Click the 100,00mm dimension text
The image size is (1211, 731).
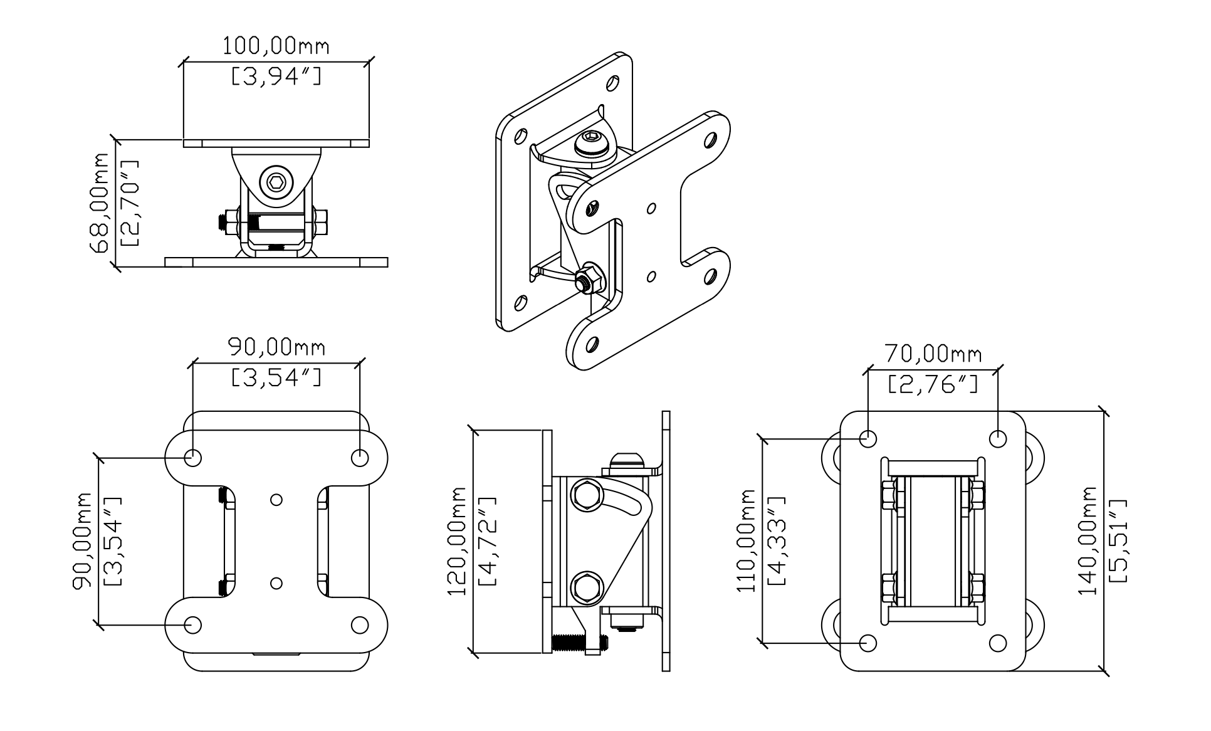[x=276, y=46]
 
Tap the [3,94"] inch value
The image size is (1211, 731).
[x=276, y=76]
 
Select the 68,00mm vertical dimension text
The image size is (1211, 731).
[x=100, y=202]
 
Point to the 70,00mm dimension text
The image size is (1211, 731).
[x=933, y=354]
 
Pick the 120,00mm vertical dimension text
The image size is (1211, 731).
[x=458, y=541]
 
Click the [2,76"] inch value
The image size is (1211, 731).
[x=933, y=384]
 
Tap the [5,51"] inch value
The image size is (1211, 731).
[x=1118, y=540]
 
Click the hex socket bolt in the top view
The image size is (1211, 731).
[x=276, y=183]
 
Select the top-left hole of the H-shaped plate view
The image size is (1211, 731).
[x=193, y=458]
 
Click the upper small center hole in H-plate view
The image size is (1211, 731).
[x=276, y=500]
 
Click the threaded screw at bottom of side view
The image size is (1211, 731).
[x=579, y=643]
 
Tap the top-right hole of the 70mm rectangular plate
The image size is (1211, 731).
[x=997, y=438]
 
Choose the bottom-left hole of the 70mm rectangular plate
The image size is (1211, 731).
[x=868, y=643]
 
